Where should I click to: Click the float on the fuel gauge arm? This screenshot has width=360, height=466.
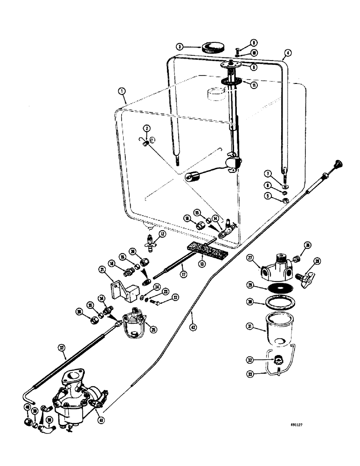click(x=193, y=177)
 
